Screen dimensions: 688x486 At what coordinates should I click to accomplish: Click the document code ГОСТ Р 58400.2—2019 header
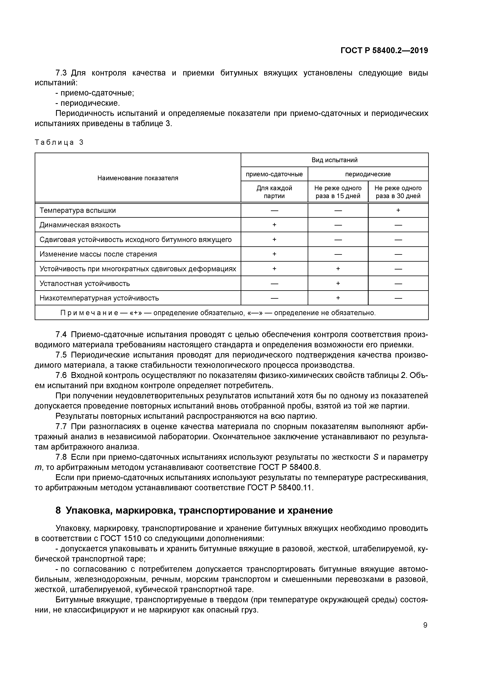[384, 51]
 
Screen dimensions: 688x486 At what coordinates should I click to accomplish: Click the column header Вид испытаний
[335, 160]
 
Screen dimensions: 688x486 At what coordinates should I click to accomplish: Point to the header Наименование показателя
[138, 178]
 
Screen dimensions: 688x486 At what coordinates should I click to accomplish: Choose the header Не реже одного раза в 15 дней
[338, 192]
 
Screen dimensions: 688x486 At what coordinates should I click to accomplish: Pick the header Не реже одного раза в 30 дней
[398, 192]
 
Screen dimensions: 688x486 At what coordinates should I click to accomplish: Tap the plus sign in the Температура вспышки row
[398, 210]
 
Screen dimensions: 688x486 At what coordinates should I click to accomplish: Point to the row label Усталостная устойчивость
[85, 283]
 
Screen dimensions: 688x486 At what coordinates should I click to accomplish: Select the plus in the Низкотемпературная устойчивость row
[338, 298]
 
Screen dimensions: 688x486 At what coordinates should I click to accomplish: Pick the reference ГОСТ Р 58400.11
[280, 488]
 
